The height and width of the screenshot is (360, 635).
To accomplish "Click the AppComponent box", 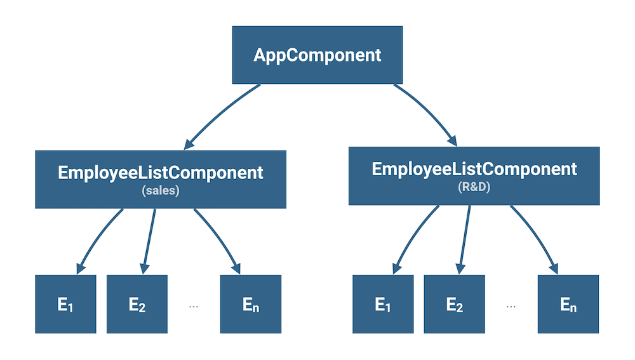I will pos(317,55).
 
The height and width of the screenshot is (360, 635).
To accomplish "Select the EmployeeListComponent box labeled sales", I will pos(160,178).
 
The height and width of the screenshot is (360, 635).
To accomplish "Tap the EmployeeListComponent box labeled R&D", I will pos(474,175).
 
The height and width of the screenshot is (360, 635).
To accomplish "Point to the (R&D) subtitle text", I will pos(474,188).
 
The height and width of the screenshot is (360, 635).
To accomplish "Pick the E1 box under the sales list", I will pos(65,304).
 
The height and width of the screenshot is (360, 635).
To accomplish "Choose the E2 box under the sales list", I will pos(137,304).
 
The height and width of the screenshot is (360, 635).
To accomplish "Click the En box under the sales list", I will pos(250,304).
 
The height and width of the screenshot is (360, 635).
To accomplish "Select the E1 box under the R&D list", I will pos(382,304).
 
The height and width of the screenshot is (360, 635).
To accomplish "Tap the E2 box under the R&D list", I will pos(454,304).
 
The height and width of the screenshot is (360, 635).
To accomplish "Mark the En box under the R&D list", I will pos(568,304).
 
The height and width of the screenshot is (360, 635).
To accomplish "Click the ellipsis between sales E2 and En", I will pos(194,306).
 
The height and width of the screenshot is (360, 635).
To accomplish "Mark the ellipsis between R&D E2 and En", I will pos(511,306).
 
